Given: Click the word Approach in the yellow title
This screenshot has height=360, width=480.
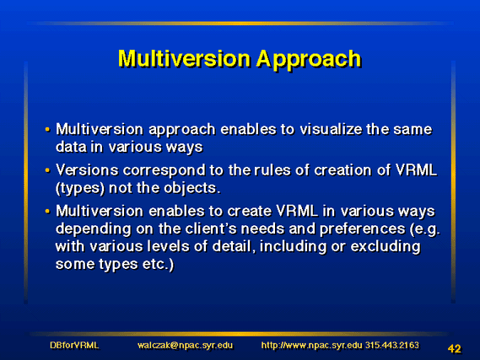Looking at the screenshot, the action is click(309, 60).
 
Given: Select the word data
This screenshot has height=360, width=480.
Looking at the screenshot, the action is click(71, 147).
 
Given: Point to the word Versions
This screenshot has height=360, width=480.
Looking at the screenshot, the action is click(87, 169).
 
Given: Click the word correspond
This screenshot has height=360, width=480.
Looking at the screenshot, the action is click(164, 171).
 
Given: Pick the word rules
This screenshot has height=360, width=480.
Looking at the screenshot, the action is click(272, 169).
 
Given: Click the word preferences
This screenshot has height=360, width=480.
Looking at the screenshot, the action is click(362, 229).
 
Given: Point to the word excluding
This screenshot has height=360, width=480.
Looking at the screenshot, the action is click(386, 247).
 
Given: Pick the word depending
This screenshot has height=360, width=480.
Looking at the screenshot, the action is click(94, 229).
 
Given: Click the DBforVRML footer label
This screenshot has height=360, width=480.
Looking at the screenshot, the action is click(74, 346).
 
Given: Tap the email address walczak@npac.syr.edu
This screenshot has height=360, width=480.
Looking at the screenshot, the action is click(186, 346).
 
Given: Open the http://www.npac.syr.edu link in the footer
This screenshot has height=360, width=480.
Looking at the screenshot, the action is click(312, 346).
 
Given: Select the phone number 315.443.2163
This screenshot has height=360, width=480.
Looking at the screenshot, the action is click(392, 346).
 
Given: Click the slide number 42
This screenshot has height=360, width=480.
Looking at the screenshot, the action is click(455, 349).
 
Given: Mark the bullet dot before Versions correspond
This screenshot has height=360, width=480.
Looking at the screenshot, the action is click(47, 169).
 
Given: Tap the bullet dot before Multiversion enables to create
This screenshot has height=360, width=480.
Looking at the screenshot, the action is click(47, 211).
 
